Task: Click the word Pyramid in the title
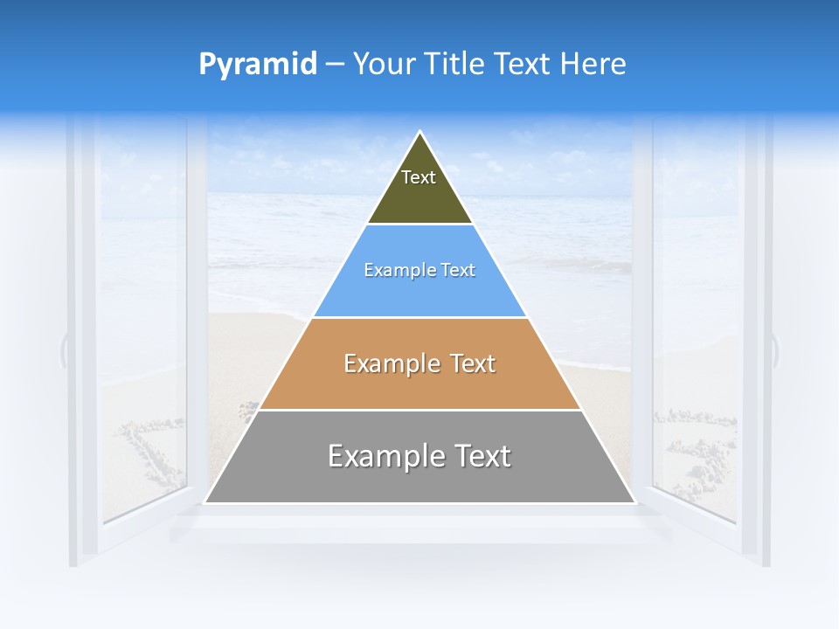(x=257, y=65)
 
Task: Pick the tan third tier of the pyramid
(x=420, y=384)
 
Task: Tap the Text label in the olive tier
(x=419, y=177)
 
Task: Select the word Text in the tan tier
(x=468, y=363)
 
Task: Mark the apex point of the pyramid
(x=420, y=132)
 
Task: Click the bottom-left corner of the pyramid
(x=205, y=502)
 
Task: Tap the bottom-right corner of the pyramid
(x=635, y=502)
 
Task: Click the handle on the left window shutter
(x=63, y=349)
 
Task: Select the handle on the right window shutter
(x=776, y=349)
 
